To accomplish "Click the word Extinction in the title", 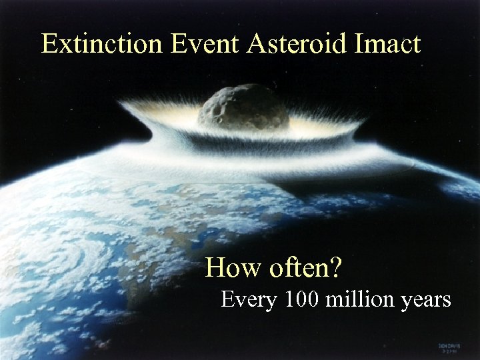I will coord(101,44).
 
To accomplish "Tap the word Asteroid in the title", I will coord(299,44).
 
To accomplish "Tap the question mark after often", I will coord(337,267).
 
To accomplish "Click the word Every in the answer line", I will coord(249,301).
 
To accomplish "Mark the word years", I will coord(427,301).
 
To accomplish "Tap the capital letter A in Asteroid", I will coord(257,44).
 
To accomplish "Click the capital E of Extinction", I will coord(49,44).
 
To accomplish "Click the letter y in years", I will coord(408,302).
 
